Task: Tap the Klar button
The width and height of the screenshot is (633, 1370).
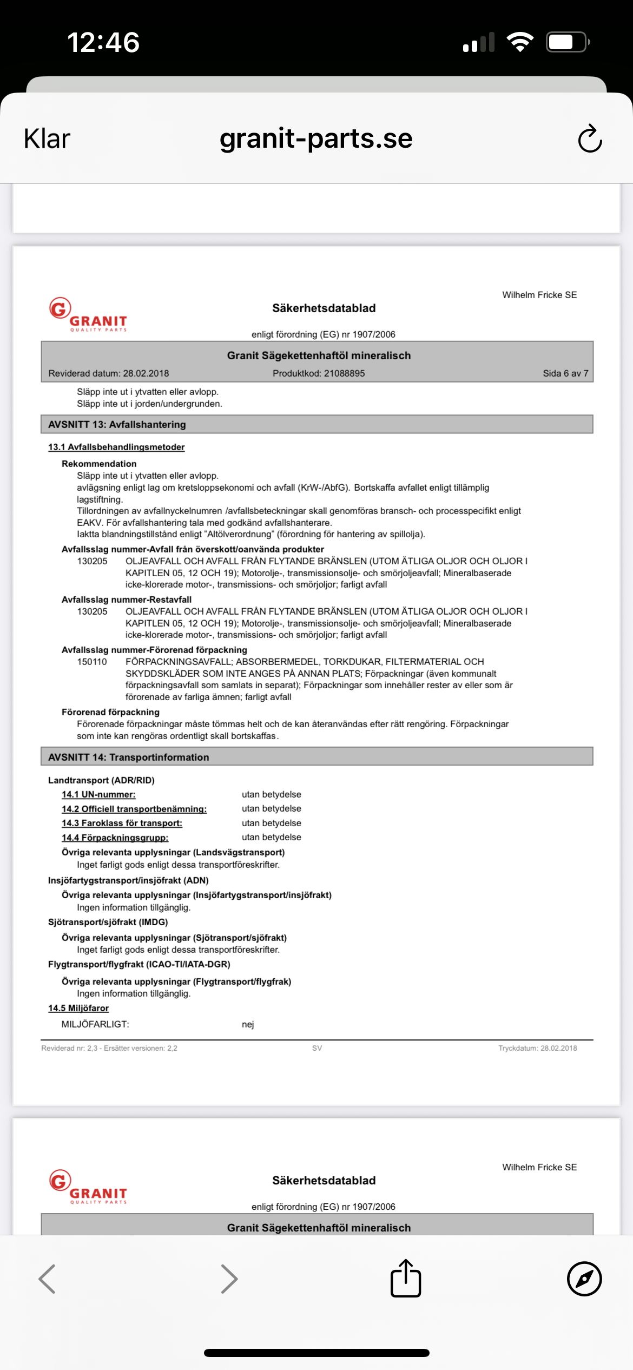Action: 47,139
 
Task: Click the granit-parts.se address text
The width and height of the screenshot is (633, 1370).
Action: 316,139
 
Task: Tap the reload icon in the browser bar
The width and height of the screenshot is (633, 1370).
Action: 590,139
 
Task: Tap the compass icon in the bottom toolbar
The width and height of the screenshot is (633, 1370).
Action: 584,1279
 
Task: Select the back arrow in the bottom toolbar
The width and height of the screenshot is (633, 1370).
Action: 48,1279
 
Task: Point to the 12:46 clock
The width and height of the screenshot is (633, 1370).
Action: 103,42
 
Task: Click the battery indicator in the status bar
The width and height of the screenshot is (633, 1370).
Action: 567,42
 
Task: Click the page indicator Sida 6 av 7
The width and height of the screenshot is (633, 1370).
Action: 565,373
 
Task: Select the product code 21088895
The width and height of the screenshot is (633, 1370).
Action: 344,373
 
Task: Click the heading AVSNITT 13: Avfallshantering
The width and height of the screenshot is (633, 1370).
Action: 117,425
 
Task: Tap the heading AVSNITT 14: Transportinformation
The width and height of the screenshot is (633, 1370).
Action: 128,758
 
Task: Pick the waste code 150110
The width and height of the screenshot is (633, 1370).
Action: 92,662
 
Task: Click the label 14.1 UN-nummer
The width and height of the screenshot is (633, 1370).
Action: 98,794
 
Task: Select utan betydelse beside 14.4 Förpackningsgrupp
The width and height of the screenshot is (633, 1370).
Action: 271,837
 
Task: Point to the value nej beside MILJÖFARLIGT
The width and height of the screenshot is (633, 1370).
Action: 248,1024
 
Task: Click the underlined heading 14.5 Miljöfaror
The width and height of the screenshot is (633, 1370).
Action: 78,1008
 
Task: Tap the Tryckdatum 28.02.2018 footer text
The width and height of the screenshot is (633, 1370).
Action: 537,1048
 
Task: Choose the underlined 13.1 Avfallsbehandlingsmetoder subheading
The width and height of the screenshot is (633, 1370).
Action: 116,447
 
